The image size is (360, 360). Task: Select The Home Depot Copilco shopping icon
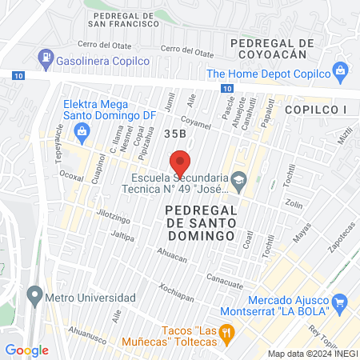(x=340, y=71)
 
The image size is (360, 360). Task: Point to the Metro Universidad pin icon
(x=34, y=297)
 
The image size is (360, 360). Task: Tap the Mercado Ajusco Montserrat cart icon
(x=340, y=302)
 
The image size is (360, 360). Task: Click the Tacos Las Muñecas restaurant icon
(x=226, y=331)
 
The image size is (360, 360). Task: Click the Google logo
(x=26, y=350)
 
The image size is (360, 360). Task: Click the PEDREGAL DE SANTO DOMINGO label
(x=200, y=222)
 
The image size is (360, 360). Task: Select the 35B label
(x=176, y=134)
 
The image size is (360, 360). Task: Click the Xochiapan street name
(x=177, y=294)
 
